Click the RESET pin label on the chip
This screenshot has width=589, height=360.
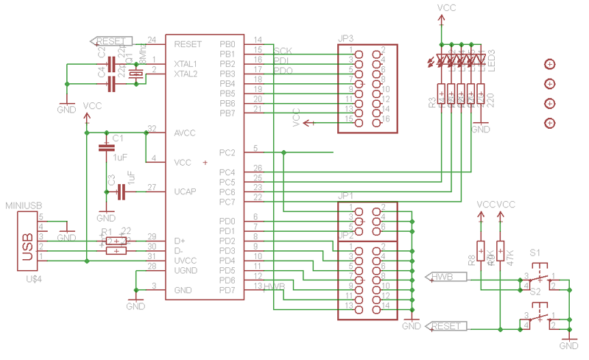coord(188,44)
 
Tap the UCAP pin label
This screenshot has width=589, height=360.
coord(185,191)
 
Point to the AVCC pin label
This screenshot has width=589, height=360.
coord(185,133)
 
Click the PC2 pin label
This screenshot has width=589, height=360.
coord(227,153)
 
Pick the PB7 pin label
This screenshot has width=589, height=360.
coord(227,113)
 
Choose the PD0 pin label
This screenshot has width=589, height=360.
coord(227,221)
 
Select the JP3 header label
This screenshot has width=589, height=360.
coord(346,38)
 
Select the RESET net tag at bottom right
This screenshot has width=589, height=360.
coord(445,325)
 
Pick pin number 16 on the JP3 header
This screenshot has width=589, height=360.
coord(385,119)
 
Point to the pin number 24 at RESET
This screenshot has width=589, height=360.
coord(152,40)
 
